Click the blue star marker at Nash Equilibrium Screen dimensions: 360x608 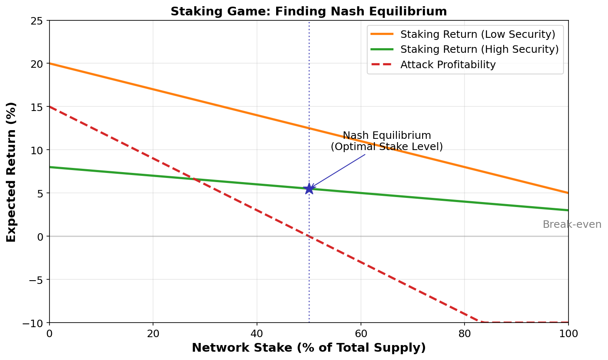tap(309, 189)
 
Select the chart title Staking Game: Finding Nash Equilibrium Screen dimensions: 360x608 tap(309, 11)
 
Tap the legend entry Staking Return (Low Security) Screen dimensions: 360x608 tap(477, 34)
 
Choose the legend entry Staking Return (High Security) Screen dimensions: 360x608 tap(479, 49)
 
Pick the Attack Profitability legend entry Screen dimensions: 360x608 tap(447, 65)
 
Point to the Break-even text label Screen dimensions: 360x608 tap(572, 224)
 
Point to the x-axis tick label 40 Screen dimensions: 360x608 tap(257, 333)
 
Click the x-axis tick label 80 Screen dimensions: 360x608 tap(465, 333)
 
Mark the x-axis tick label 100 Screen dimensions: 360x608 tap(568, 333)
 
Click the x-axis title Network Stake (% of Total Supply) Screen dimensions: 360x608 tap(309, 348)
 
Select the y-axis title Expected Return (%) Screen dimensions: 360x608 tap(11, 172)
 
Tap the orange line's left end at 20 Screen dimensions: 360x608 tap(50, 63)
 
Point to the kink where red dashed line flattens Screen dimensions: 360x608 tap(482, 322)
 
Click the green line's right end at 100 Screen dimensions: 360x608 tap(568, 210)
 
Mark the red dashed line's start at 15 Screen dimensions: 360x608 tap(50, 106)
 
